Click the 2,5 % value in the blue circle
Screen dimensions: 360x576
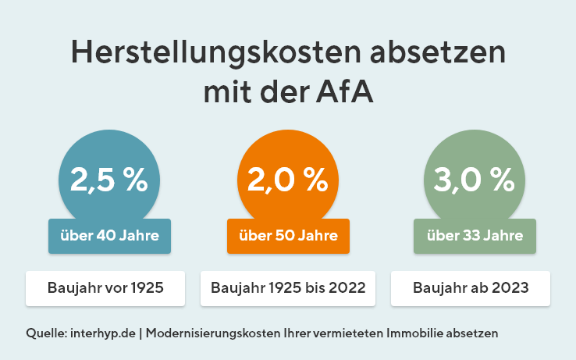pos(109,180)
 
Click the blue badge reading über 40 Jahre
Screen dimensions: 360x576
pos(109,236)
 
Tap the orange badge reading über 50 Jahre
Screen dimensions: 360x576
pos(287,236)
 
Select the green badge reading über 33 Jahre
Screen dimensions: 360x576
pos(475,236)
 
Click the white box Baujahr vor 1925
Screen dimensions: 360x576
pos(105,288)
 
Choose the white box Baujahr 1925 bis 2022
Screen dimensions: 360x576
pos(288,288)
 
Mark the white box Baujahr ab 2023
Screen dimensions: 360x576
pos(470,288)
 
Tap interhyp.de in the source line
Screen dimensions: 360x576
pos(105,333)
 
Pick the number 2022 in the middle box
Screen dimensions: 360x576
pos(347,288)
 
